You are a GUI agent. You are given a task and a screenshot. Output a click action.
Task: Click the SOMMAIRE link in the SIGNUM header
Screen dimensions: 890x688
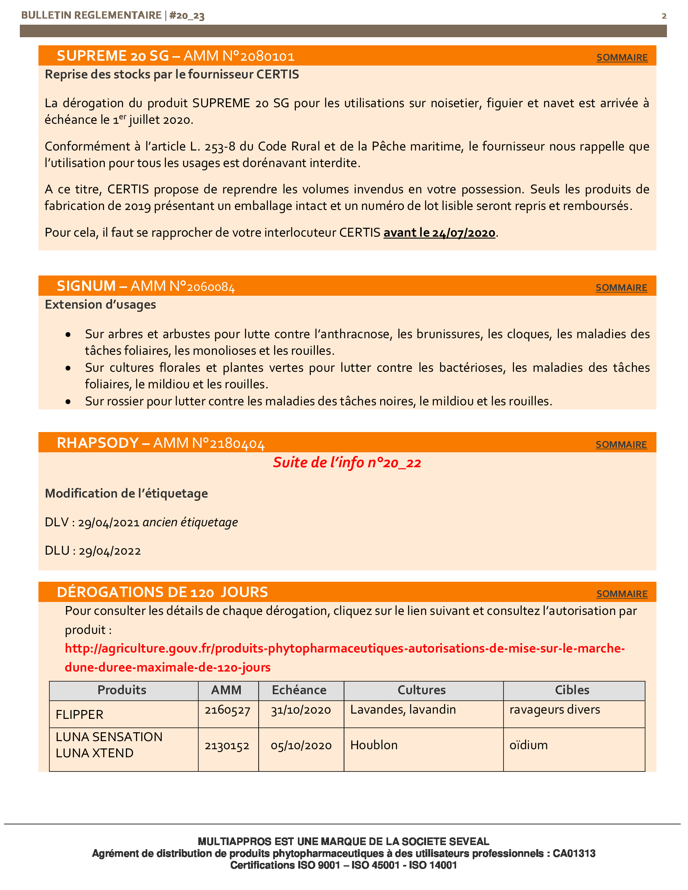tap(621, 288)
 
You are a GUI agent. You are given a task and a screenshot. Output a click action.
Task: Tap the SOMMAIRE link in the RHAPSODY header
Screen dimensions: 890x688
tap(621, 445)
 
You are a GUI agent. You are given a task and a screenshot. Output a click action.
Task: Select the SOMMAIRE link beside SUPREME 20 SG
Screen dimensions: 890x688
tap(622, 57)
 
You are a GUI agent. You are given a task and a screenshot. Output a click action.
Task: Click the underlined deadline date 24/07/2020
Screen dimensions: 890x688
tap(439, 233)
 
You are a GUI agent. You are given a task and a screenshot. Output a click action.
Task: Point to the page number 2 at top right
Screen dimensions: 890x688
tap(664, 16)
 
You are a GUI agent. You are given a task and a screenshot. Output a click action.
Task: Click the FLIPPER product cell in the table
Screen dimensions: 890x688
tap(79, 714)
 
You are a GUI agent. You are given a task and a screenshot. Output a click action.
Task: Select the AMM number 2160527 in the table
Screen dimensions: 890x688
tap(227, 710)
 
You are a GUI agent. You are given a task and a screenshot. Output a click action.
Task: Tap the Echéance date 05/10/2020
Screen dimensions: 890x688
tap(301, 745)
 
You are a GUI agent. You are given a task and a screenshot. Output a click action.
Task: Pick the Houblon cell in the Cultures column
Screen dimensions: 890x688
tap(374, 745)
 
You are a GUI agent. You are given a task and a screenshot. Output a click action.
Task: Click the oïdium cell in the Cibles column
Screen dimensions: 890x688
tap(528, 745)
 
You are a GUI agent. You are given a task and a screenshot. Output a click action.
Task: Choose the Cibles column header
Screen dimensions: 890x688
tap(572, 690)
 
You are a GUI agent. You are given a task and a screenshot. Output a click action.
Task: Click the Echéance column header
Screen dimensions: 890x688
tap(299, 690)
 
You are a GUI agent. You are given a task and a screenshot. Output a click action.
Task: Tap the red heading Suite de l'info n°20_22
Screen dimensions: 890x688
tap(347, 462)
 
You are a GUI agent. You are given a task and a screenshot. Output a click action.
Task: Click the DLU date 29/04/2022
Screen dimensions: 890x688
tap(110, 551)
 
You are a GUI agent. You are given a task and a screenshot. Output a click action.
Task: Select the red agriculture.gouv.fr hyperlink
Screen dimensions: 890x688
tap(344, 657)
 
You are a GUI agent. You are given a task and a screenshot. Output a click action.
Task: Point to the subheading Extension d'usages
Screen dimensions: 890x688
tap(100, 304)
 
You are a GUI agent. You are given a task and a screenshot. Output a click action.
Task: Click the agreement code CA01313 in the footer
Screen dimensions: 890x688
tap(574, 853)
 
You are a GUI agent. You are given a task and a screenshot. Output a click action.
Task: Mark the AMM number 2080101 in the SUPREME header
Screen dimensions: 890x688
tap(268, 56)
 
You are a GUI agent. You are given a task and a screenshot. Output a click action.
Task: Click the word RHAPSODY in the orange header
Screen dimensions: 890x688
tap(98, 443)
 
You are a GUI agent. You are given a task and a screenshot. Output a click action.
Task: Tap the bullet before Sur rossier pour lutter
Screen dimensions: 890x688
tap(68, 402)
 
